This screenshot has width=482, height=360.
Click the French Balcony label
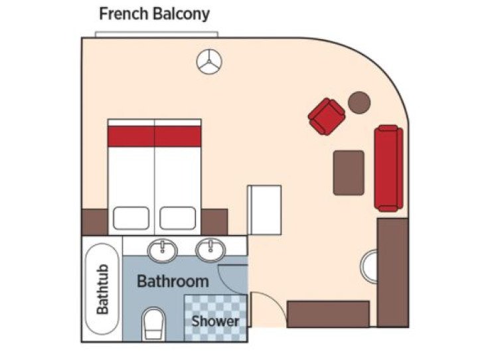[154, 13]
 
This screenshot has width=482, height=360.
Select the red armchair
[327, 116]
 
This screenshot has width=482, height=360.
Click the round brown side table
[359, 102]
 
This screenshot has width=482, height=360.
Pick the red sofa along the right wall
[388, 168]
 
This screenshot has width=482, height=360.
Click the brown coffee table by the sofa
[349, 173]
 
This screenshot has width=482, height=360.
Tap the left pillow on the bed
[131, 217]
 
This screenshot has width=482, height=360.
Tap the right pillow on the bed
[178, 217]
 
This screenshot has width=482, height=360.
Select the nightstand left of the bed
[94, 222]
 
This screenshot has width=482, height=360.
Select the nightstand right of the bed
[214, 222]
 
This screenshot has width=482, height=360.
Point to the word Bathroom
[173, 281]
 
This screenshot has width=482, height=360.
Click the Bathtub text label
[102, 290]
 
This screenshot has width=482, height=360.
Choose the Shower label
[215, 321]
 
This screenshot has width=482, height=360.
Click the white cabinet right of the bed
[264, 210]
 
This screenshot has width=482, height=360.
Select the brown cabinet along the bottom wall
[328, 314]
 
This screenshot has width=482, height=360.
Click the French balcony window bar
[156, 33]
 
